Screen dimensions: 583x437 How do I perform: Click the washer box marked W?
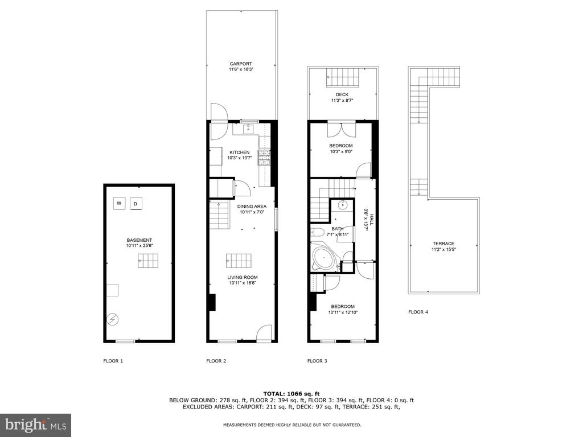click(120, 203)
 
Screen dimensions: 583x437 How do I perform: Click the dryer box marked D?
click(136, 204)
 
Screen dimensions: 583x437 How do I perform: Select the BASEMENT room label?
click(139, 241)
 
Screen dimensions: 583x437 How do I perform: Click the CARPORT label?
click(241, 64)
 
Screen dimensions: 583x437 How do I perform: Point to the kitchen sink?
click(248, 130)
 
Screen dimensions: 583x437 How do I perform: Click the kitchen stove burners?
click(265, 158)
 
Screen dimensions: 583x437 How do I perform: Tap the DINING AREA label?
click(252, 207)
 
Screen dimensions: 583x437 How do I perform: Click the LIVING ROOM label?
click(243, 277)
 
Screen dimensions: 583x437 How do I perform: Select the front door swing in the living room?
click(264, 332)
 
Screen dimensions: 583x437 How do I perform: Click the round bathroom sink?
click(342, 205)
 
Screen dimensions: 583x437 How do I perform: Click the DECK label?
click(342, 95)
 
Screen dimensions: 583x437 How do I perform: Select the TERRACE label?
click(444, 244)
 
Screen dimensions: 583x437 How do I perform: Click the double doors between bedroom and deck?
click(342, 129)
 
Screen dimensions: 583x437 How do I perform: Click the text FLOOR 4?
click(418, 312)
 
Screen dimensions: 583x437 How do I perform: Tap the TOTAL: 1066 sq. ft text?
click(291, 394)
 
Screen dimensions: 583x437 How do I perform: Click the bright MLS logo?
click(35, 424)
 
